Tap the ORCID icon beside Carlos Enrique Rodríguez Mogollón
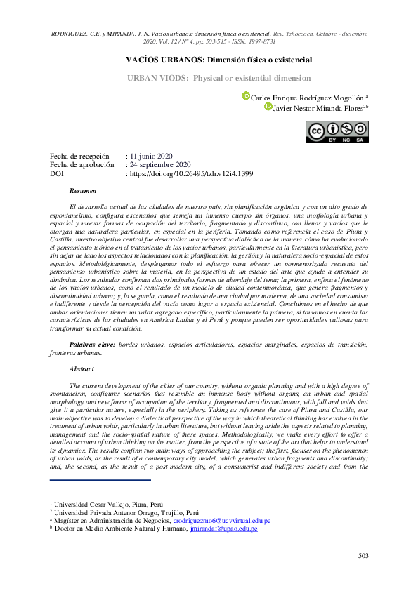click(246, 96)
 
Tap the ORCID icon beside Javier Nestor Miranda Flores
click(268, 107)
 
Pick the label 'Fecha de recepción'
click(79, 156)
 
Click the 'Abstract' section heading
click(81, 368)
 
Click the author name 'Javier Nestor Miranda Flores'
click(318, 107)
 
